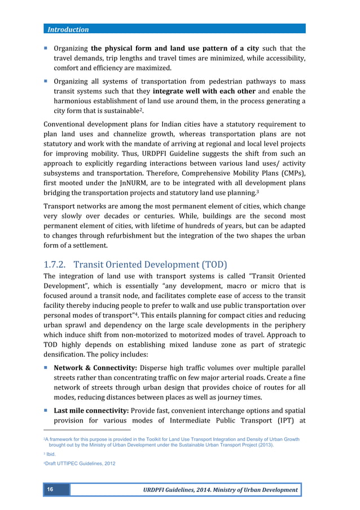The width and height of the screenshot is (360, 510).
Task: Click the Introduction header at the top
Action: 68,29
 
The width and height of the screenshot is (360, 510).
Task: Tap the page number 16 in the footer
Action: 50,490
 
